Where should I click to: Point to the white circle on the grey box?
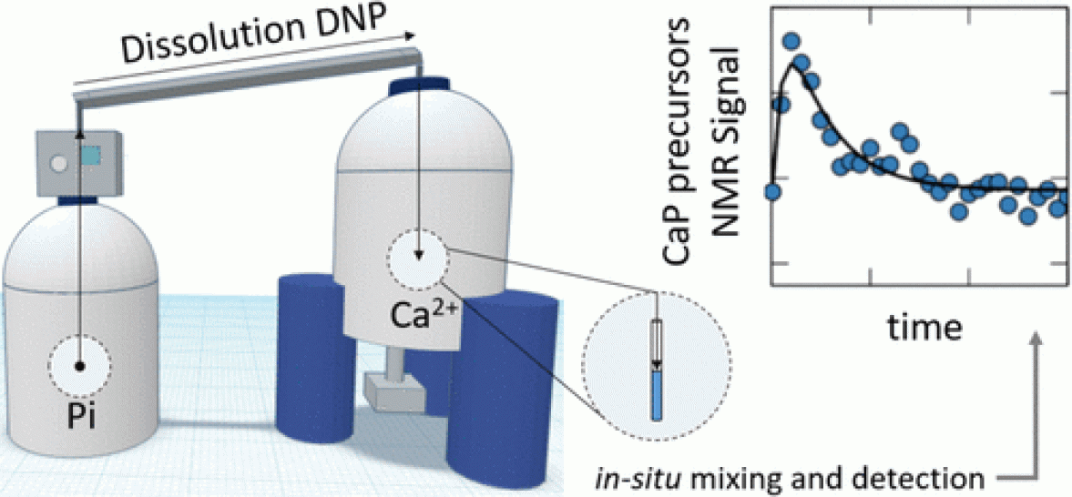tap(59, 164)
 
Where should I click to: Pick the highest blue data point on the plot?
tap(791, 41)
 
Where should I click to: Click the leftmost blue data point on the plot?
tap(773, 190)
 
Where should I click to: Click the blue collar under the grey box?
tap(81, 198)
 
